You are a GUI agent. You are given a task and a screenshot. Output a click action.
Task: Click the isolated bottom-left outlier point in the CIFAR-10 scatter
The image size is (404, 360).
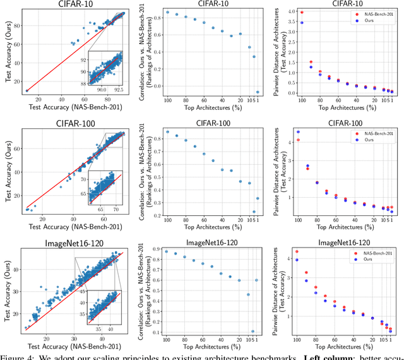[27, 91]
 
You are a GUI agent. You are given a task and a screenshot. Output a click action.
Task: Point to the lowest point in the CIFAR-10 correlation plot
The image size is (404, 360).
[257, 92]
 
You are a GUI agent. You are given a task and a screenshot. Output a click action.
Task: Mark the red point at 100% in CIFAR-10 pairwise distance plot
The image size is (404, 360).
[301, 12]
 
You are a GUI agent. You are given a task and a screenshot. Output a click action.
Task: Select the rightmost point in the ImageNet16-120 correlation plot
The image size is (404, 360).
[256, 280]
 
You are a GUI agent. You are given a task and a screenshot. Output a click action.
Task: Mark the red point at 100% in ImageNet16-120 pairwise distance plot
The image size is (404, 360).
[297, 251]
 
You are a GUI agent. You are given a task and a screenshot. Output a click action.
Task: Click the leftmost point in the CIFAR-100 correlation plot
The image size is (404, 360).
[167, 132]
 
